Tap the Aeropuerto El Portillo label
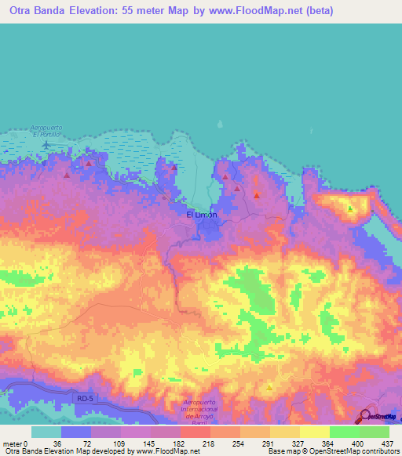click(46, 131)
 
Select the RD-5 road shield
click(85, 399)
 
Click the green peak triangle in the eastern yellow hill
click(350, 208)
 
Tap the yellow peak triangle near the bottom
click(270, 387)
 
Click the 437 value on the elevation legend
click(388, 443)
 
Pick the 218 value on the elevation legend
click(209, 443)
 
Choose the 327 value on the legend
click(298, 443)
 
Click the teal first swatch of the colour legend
click(46, 432)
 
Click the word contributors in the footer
click(382, 451)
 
